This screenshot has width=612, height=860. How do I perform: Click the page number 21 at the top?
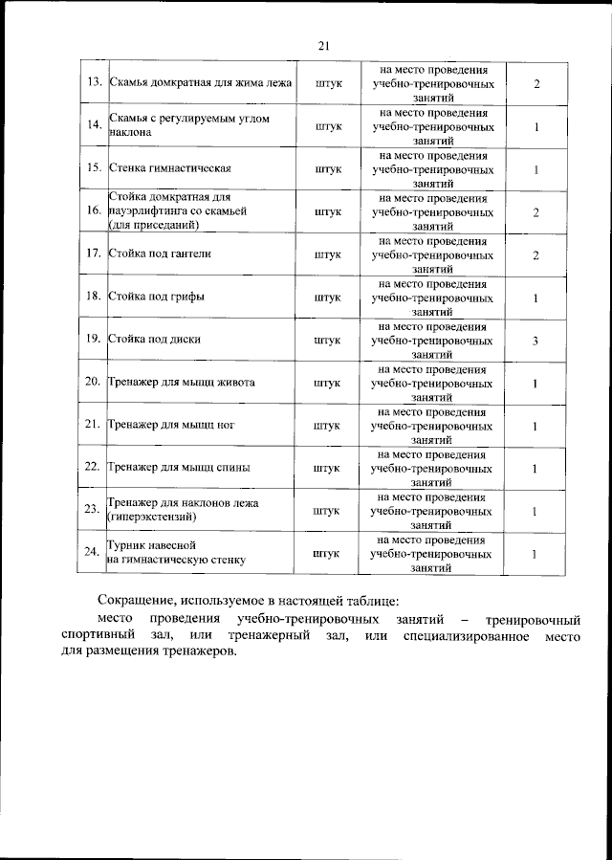point(322,45)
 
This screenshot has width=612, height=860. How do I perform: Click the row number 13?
point(94,84)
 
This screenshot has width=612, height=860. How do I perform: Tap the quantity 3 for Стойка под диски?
point(536,340)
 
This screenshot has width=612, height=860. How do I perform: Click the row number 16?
point(94,211)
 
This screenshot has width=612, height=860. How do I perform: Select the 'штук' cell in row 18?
point(327,298)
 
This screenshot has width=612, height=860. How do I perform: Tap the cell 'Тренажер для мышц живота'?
point(181,383)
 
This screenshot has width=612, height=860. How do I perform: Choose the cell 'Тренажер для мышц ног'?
point(171,425)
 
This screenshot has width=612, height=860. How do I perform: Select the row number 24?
point(94,553)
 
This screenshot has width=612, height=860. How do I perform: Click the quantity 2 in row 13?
point(536,84)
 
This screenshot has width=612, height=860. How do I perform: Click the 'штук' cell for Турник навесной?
point(327,553)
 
